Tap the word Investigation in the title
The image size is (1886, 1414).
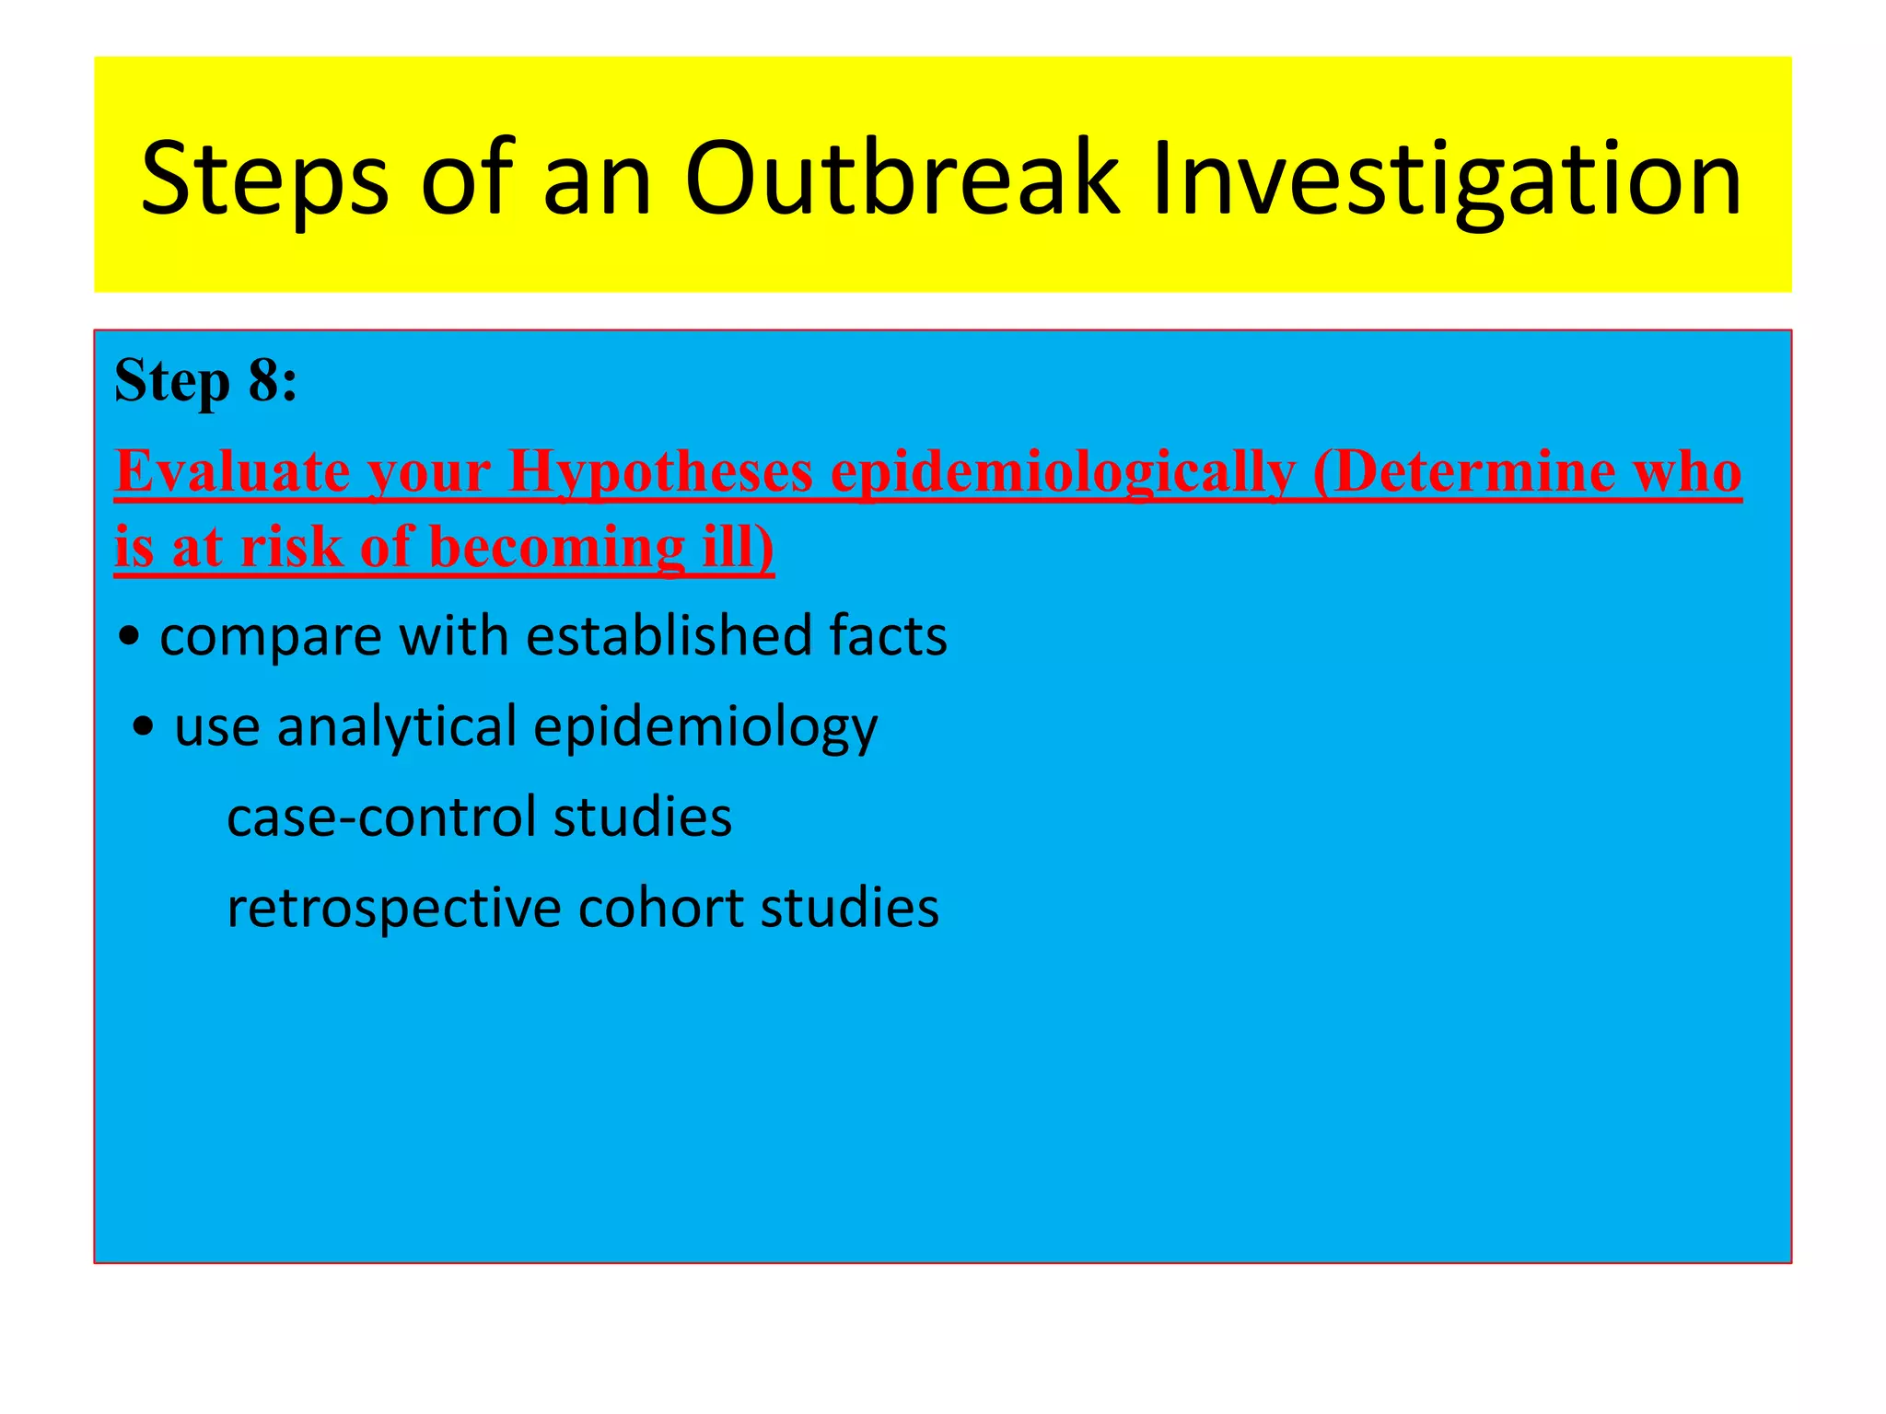[x=1446, y=180]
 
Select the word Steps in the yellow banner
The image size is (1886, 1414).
[x=264, y=180]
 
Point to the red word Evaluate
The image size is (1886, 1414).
[x=233, y=472]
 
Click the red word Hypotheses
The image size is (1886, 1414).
[x=660, y=472]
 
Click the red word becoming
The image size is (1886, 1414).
[x=557, y=548]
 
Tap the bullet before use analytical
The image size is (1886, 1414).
[x=144, y=727]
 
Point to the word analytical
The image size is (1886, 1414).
[x=397, y=727]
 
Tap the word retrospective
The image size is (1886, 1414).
[x=394, y=909]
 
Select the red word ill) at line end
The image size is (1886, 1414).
[x=738, y=548]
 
